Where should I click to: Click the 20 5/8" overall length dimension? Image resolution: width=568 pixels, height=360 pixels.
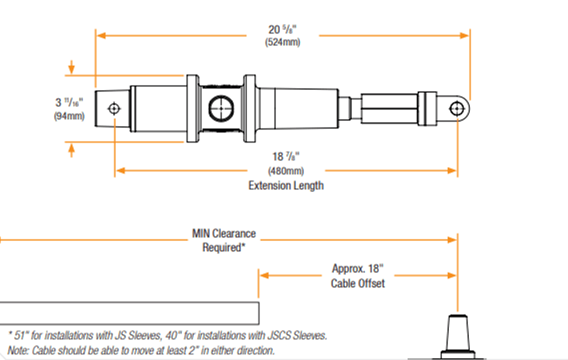pos(282,30)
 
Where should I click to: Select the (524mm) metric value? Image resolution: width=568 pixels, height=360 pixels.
pos(282,42)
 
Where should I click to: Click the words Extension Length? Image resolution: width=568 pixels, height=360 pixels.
pos(286,185)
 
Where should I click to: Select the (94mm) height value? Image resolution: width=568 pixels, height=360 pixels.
pos(69,117)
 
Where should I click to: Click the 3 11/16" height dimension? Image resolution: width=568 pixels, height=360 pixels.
pos(69,102)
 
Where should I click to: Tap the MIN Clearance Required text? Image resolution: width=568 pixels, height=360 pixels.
pos(223,240)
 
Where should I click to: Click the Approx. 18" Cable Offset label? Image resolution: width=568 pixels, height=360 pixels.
pos(358,276)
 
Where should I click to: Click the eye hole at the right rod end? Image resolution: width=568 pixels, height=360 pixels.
pos(457,108)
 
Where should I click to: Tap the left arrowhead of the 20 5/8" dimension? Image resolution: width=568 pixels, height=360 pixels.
pos(100,35)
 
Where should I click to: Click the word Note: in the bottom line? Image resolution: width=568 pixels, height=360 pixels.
pos(18,350)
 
